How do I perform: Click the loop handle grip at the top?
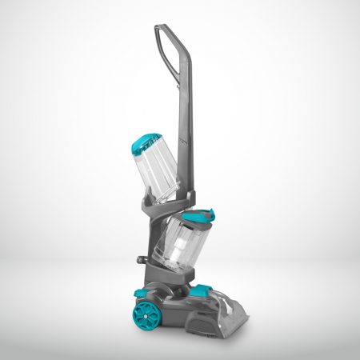[x=166, y=31]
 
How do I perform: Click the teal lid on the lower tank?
[x=198, y=217]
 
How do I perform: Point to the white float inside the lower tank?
[x=193, y=241]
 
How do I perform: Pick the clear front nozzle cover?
[x=229, y=308]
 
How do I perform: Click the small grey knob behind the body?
[x=142, y=261]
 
